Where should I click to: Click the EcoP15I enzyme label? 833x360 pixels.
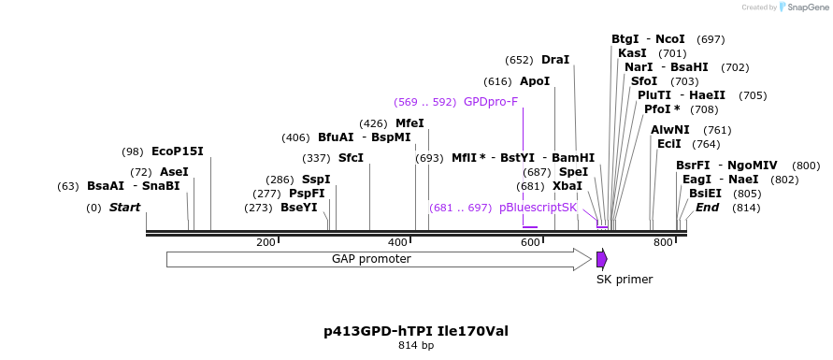[x=177, y=151]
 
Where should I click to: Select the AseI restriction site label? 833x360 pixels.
[x=174, y=172]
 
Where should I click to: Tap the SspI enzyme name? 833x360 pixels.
[x=316, y=180]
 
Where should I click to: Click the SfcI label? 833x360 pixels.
[x=351, y=158]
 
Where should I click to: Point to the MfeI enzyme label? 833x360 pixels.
[x=409, y=123]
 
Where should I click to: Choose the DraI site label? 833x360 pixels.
[x=555, y=60]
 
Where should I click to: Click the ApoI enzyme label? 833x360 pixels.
[x=535, y=81]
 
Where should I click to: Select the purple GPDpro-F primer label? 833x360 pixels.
[x=491, y=102]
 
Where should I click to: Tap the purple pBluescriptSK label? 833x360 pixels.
[x=539, y=207]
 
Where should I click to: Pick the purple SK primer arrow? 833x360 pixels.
[x=602, y=259]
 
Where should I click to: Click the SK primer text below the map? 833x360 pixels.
[x=625, y=280]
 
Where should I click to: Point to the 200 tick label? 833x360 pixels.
[x=266, y=243]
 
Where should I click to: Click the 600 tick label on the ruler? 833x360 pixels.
[x=530, y=243]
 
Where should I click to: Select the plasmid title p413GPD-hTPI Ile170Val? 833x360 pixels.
[x=416, y=331]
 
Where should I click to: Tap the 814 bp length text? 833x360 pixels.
[x=416, y=346]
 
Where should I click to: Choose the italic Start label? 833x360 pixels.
[x=124, y=208]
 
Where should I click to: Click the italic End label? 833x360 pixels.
[x=707, y=208]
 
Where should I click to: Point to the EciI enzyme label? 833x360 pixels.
[x=669, y=144]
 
